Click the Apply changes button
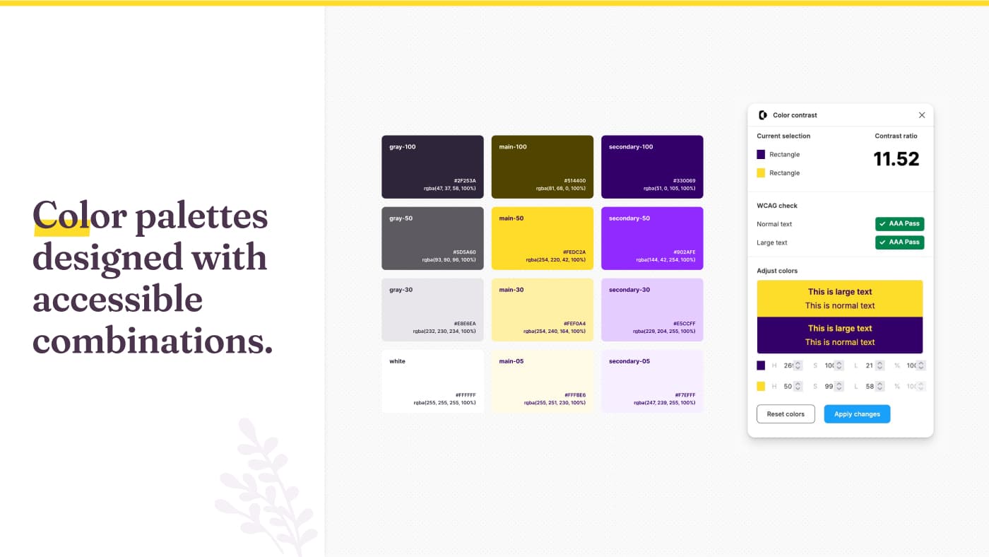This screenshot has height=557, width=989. pos(857,414)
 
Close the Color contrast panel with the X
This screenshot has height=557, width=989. pos(922,115)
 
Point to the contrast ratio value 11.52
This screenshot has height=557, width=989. pos(896,159)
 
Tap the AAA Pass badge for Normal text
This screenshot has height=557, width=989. pos(899,224)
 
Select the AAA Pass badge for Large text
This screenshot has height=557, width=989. pos(899,242)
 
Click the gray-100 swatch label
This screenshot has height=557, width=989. pos(403,147)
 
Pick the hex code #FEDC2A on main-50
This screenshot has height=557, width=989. pos(574,252)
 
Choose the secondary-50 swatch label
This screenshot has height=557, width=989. pos(629,218)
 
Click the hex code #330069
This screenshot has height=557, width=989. pos(685,181)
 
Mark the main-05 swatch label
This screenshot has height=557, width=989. pos(511,361)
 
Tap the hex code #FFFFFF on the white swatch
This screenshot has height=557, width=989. pos(466,395)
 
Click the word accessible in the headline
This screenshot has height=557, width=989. pos(117,299)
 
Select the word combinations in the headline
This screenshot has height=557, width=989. pos(153,341)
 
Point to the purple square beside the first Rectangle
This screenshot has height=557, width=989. pos(761,154)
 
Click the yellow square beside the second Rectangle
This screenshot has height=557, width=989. pos(761,172)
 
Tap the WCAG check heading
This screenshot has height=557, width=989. pos(777,206)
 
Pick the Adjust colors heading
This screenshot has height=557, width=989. pos(777,271)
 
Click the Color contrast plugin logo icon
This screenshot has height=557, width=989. pos(762,115)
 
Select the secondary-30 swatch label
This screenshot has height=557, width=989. pos(629,290)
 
